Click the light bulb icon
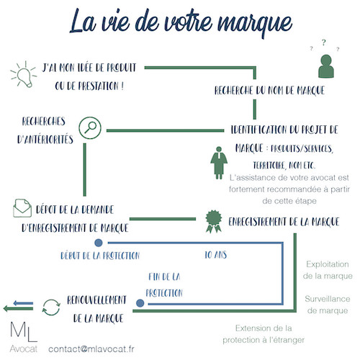(24, 75)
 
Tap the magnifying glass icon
(90, 128)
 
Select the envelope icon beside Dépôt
(22, 208)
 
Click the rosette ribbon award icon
(214, 221)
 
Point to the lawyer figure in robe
(219, 163)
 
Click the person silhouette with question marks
(326, 66)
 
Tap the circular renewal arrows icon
(51, 307)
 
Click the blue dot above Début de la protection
(99, 243)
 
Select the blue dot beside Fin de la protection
(140, 303)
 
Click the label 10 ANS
(215, 255)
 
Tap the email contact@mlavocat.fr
(91, 349)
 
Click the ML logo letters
(24, 332)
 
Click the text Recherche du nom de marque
(269, 91)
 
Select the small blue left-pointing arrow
(23, 303)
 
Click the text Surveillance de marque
(328, 305)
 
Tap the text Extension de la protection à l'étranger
(264, 334)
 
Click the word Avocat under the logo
(24, 348)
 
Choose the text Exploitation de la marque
(328, 270)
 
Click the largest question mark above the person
(324, 42)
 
